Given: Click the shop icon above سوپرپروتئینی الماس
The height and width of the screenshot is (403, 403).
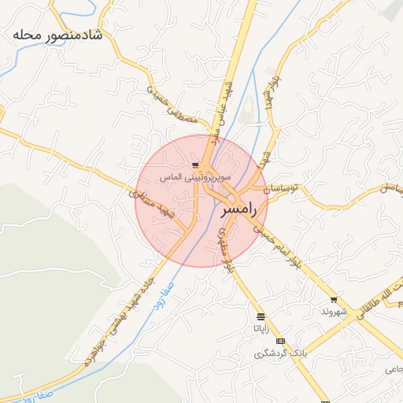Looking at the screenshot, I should tap(194, 165).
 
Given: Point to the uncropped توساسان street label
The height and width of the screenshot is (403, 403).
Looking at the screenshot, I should tap(281, 190).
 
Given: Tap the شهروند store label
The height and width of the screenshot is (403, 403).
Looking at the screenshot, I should tap(333, 311).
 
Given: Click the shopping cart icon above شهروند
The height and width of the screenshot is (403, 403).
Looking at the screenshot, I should tap(334, 300).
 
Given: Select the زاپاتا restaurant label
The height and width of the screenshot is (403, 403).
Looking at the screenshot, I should tap(261, 327).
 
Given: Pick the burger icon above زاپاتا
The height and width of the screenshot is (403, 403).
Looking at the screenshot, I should tap(261, 316).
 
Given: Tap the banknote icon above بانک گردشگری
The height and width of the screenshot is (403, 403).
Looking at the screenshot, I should tap(281, 341).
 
